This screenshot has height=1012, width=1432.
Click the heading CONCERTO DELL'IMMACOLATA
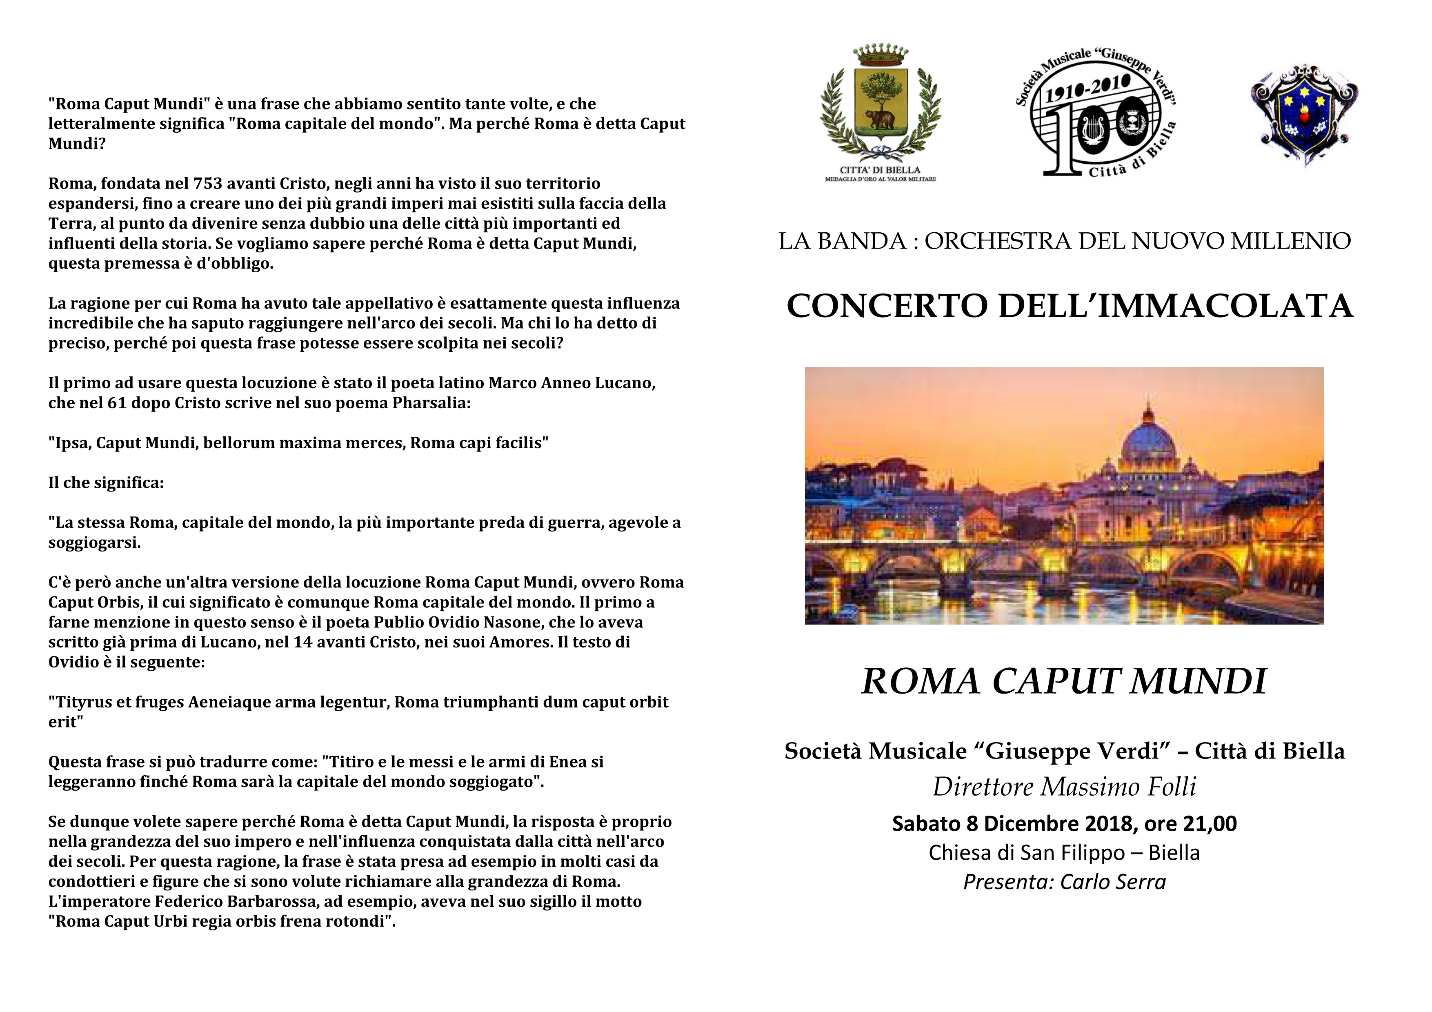click(1069, 306)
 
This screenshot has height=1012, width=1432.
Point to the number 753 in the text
click(209, 183)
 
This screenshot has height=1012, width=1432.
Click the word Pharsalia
click(430, 403)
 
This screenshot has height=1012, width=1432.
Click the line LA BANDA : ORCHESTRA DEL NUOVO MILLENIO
click(1064, 241)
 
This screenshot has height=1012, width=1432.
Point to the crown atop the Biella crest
click(880, 55)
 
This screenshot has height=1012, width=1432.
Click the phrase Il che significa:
click(106, 483)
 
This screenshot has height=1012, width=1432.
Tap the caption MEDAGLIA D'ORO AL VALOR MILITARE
click(880, 179)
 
